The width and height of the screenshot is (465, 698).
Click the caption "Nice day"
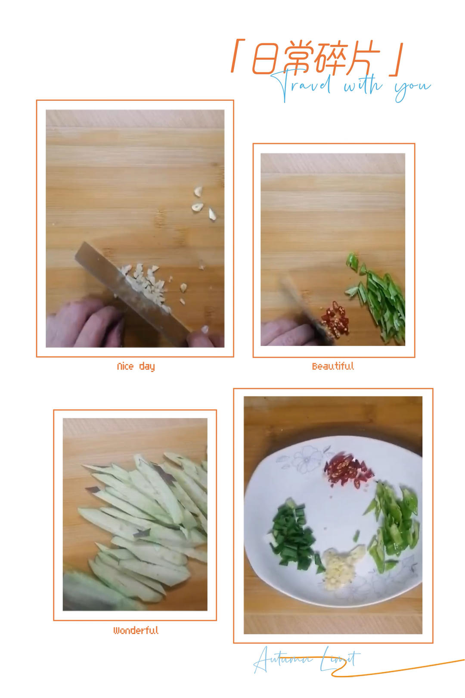(136, 367)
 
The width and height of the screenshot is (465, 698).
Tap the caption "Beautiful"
(333, 366)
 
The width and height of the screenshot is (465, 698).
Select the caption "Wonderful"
(136, 630)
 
